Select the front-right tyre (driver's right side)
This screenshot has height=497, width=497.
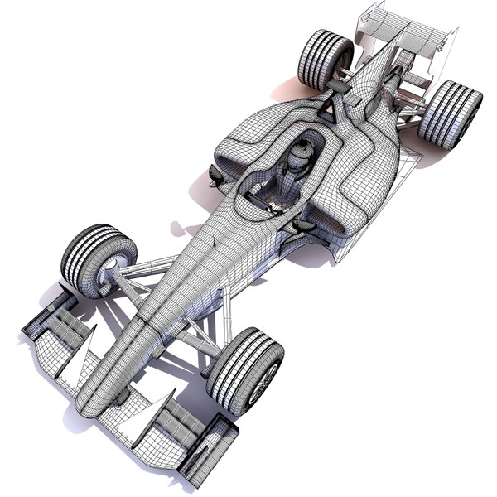coord(99,258)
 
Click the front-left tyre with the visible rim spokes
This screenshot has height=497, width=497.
coord(245,370)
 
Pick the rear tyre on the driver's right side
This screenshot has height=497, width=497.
coord(325,59)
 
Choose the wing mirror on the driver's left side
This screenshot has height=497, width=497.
coord(303,224)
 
